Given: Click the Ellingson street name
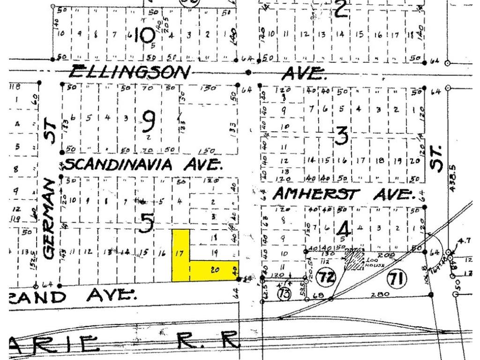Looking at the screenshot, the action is tap(131, 72).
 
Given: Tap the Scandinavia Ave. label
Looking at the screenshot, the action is tap(143, 164).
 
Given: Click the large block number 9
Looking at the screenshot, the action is tap(148, 123).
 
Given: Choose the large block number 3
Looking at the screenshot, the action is tap(342, 136).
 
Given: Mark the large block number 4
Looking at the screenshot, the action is tap(344, 230).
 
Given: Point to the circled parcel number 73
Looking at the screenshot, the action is tap(284, 293).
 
